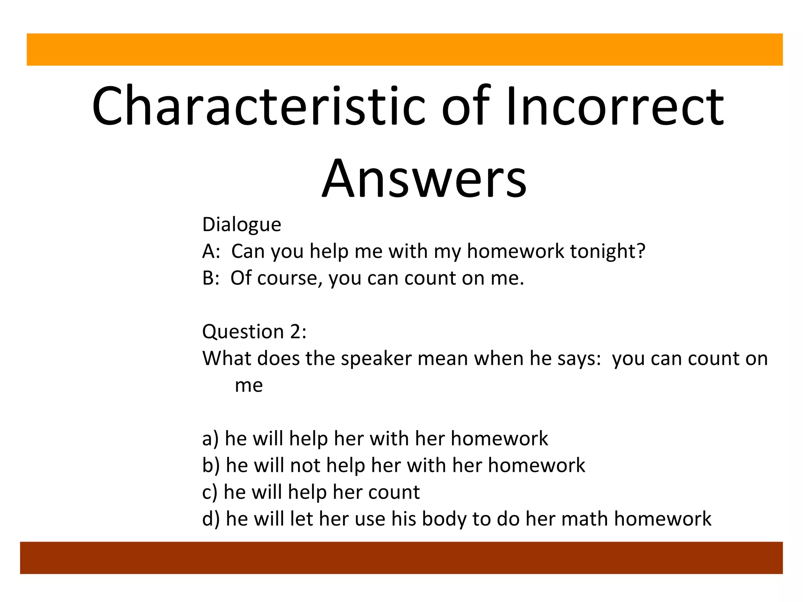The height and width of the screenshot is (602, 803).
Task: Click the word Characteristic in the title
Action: tap(258, 107)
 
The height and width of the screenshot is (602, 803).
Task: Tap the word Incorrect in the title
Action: tap(615, 107)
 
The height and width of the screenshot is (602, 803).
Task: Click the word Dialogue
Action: tap(242, 225)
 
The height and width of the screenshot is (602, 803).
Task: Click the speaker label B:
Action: tap(211, 278)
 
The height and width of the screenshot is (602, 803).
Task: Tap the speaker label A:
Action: tap(211, 251)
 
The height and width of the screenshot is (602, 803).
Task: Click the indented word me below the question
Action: tap(249, 385)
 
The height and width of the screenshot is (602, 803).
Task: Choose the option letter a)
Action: tap(211, 439)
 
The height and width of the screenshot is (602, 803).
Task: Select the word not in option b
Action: tap(305, 466)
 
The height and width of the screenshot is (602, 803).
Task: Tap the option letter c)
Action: tap(210, 492)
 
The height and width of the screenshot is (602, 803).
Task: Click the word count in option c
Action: tap(394, 492)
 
